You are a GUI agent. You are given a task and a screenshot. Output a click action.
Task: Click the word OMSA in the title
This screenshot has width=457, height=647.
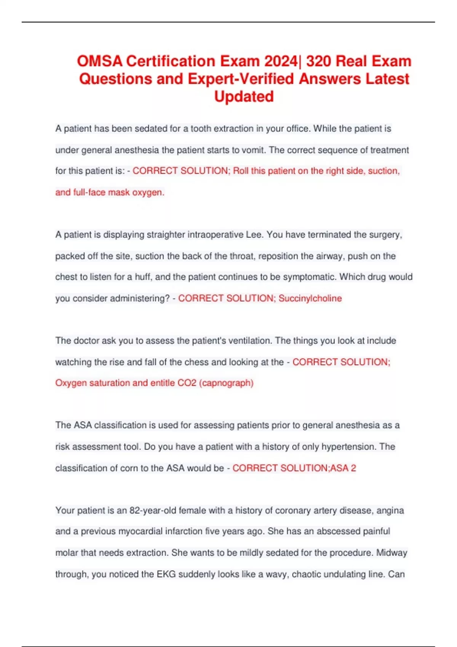click(x=99, y=61)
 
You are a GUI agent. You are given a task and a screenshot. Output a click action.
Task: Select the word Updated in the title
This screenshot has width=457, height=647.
click(x=244, y=97)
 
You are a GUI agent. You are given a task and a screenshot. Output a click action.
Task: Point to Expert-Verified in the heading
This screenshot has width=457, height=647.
click(x=241, y=79)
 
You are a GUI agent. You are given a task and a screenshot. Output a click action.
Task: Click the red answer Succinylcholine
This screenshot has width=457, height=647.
click(x=310, y=298)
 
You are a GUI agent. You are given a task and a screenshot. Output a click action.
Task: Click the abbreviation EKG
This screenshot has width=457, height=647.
click(x=166, y=574)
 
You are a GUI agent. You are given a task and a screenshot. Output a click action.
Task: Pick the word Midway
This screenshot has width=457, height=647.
click(x=391, y=553)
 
